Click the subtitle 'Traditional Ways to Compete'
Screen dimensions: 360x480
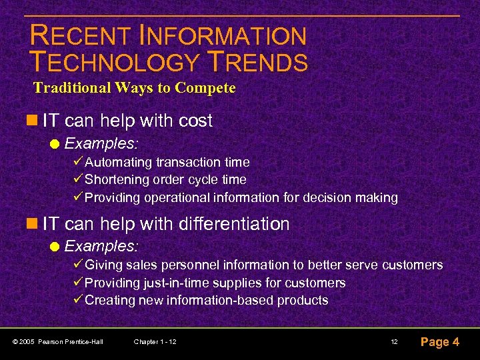[x=134, y=88]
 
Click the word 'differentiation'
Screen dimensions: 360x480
[x=234, y=224]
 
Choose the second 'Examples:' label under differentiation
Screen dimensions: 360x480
[x=101, y=247]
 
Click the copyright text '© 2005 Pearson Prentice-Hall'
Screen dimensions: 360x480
[x=58, y=342]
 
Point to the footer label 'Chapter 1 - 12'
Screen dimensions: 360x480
[x=155, y=342]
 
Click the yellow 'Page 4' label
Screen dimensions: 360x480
[x=439, y=342]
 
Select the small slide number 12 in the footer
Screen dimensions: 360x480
[x=394, y=342]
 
